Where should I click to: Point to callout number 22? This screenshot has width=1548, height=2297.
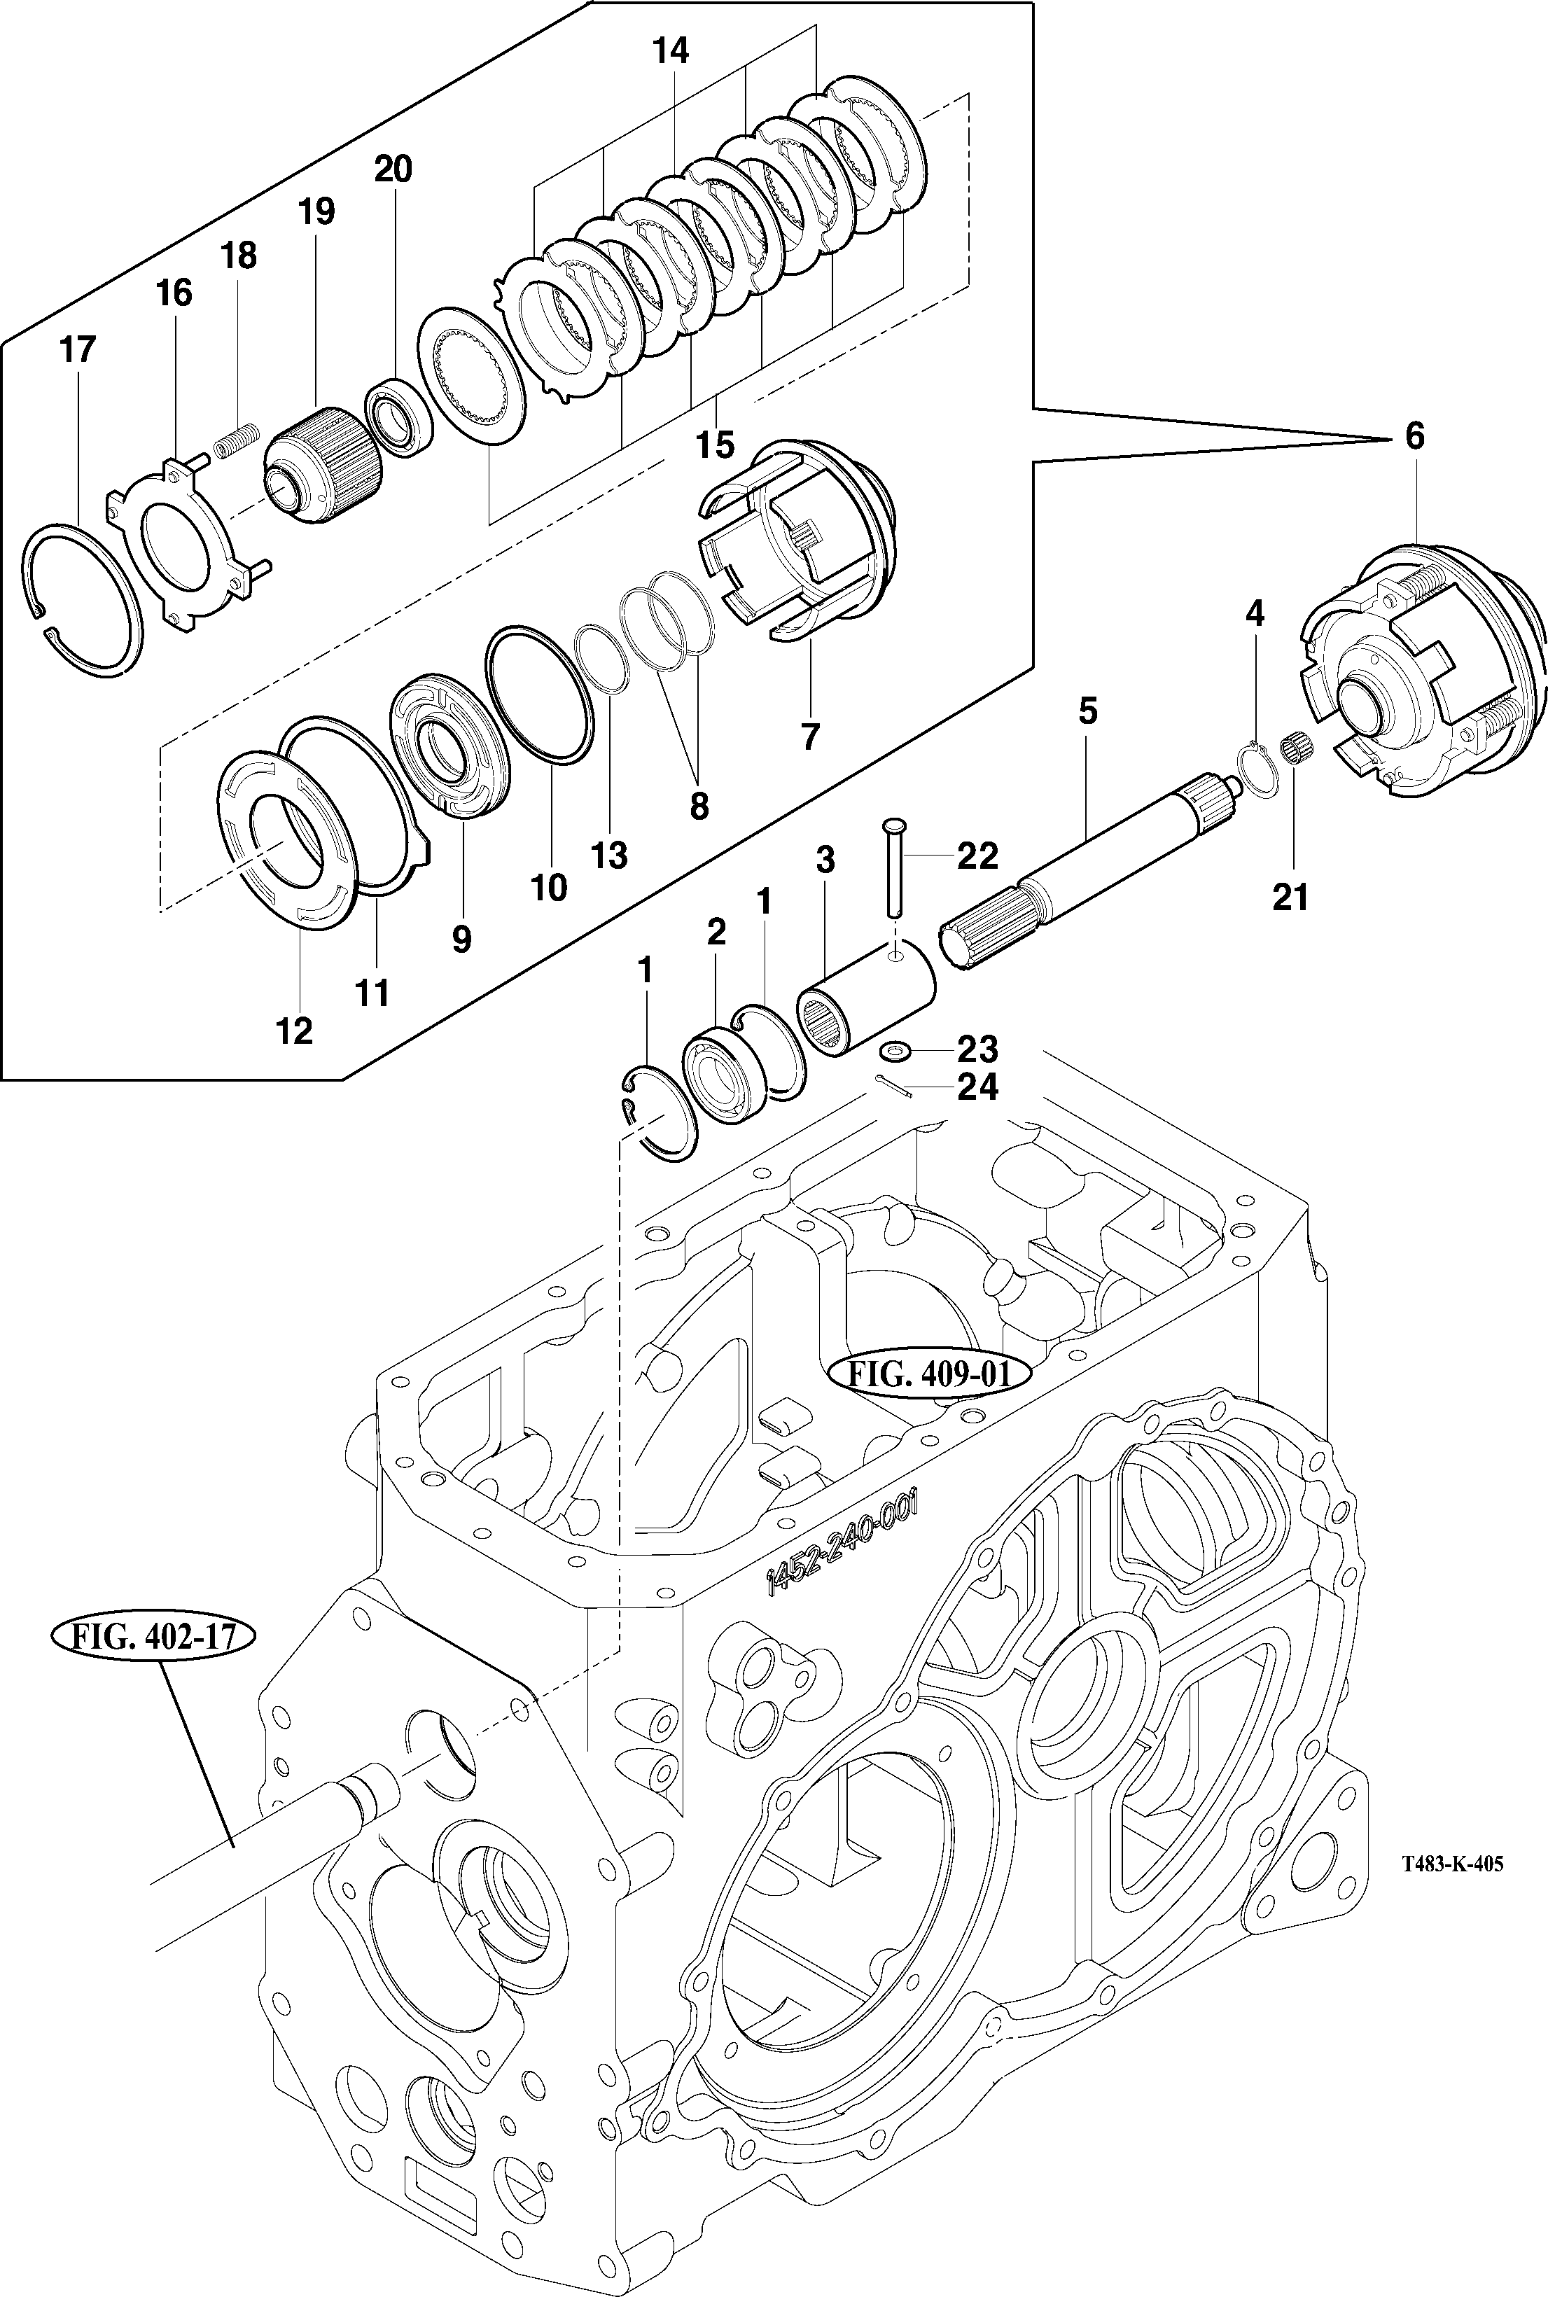pyautogui.click(x=977, y=856)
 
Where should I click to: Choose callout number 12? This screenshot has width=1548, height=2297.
pyautogui.click(x=294, y=1031)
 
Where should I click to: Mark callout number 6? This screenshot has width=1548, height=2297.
pyautogui.click(x=1414, y=436)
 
